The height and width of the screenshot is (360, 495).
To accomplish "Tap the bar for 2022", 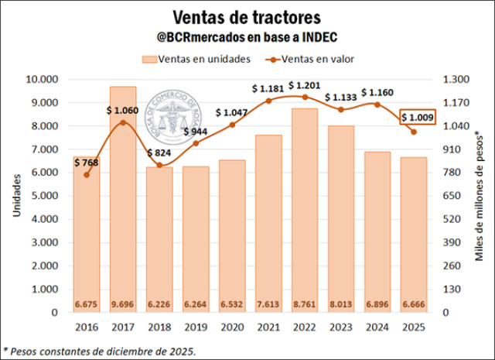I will [x=304, y=209].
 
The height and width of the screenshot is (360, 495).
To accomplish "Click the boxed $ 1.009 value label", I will [x=418, y=118].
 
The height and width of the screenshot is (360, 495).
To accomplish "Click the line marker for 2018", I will [x=159, y=165].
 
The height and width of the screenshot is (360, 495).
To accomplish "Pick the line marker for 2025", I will [x=413, y=132].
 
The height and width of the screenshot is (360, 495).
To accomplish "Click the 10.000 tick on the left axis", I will [x=42, y=80].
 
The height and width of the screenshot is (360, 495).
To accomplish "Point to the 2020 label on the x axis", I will [x=232, y=327].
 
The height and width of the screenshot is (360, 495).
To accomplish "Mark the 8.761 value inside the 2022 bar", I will [x=304, y=303].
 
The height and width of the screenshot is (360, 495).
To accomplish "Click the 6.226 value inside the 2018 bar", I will [x=159, y=303].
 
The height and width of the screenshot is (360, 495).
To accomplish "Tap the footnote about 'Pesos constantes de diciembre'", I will [x=101, y=351].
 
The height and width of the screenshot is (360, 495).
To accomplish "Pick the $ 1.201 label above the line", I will [x=303, y=84].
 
